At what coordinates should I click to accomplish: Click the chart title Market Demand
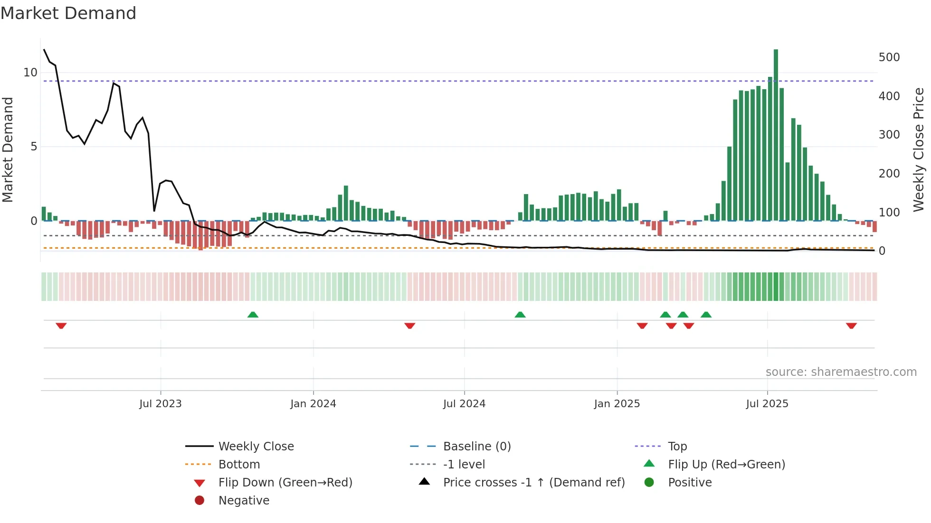coord(68,13)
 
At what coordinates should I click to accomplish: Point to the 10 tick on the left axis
coord(30,73)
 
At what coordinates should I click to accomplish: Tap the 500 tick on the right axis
coord(889,57)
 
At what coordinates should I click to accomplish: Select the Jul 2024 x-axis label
coord(464,404)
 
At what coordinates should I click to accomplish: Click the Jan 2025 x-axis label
coord(617,404)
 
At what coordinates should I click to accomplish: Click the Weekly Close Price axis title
coord(919,149)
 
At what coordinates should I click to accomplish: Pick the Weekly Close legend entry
coord(256,447)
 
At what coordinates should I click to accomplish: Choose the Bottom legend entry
coord(239,465)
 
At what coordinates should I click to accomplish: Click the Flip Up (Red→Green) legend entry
coord(726,465)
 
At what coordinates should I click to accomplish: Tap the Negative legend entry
coord(244,501)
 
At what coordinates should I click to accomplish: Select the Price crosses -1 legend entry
coord(533,483)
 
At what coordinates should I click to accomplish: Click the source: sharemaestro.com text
coord(841,372)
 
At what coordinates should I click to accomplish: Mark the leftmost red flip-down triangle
coord(61,326)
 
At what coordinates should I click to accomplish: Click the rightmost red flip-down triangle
coord(851,326)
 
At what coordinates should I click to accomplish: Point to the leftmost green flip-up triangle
coord(253,315)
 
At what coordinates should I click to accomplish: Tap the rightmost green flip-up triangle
coord(706,315)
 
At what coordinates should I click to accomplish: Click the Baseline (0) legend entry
coord(476,447)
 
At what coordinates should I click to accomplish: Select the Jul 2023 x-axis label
coord(160,404)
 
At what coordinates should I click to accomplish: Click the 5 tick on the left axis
coord(34,147)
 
